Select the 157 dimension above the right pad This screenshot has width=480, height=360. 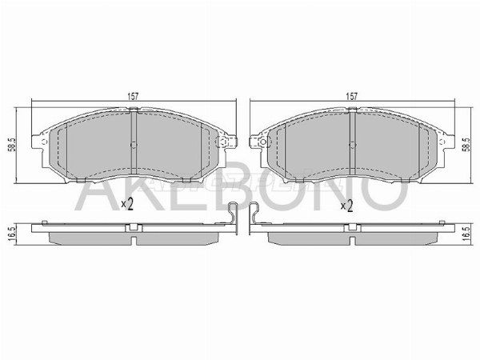pyautogui.click(x=352, y=96)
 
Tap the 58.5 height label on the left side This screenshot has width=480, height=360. pyautogui.click(x=11, y=145)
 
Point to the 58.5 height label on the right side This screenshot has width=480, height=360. pyautogui.click(x=466, y=145)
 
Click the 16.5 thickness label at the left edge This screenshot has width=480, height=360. pyautogui.click(x=11, y=234)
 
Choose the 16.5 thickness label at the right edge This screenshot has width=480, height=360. pyautogui.click(x=466, y=234)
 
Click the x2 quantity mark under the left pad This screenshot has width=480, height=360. pyautogui.click(x=127, y=204)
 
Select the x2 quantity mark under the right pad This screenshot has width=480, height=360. pyautogui.click(x=347, y=206)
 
